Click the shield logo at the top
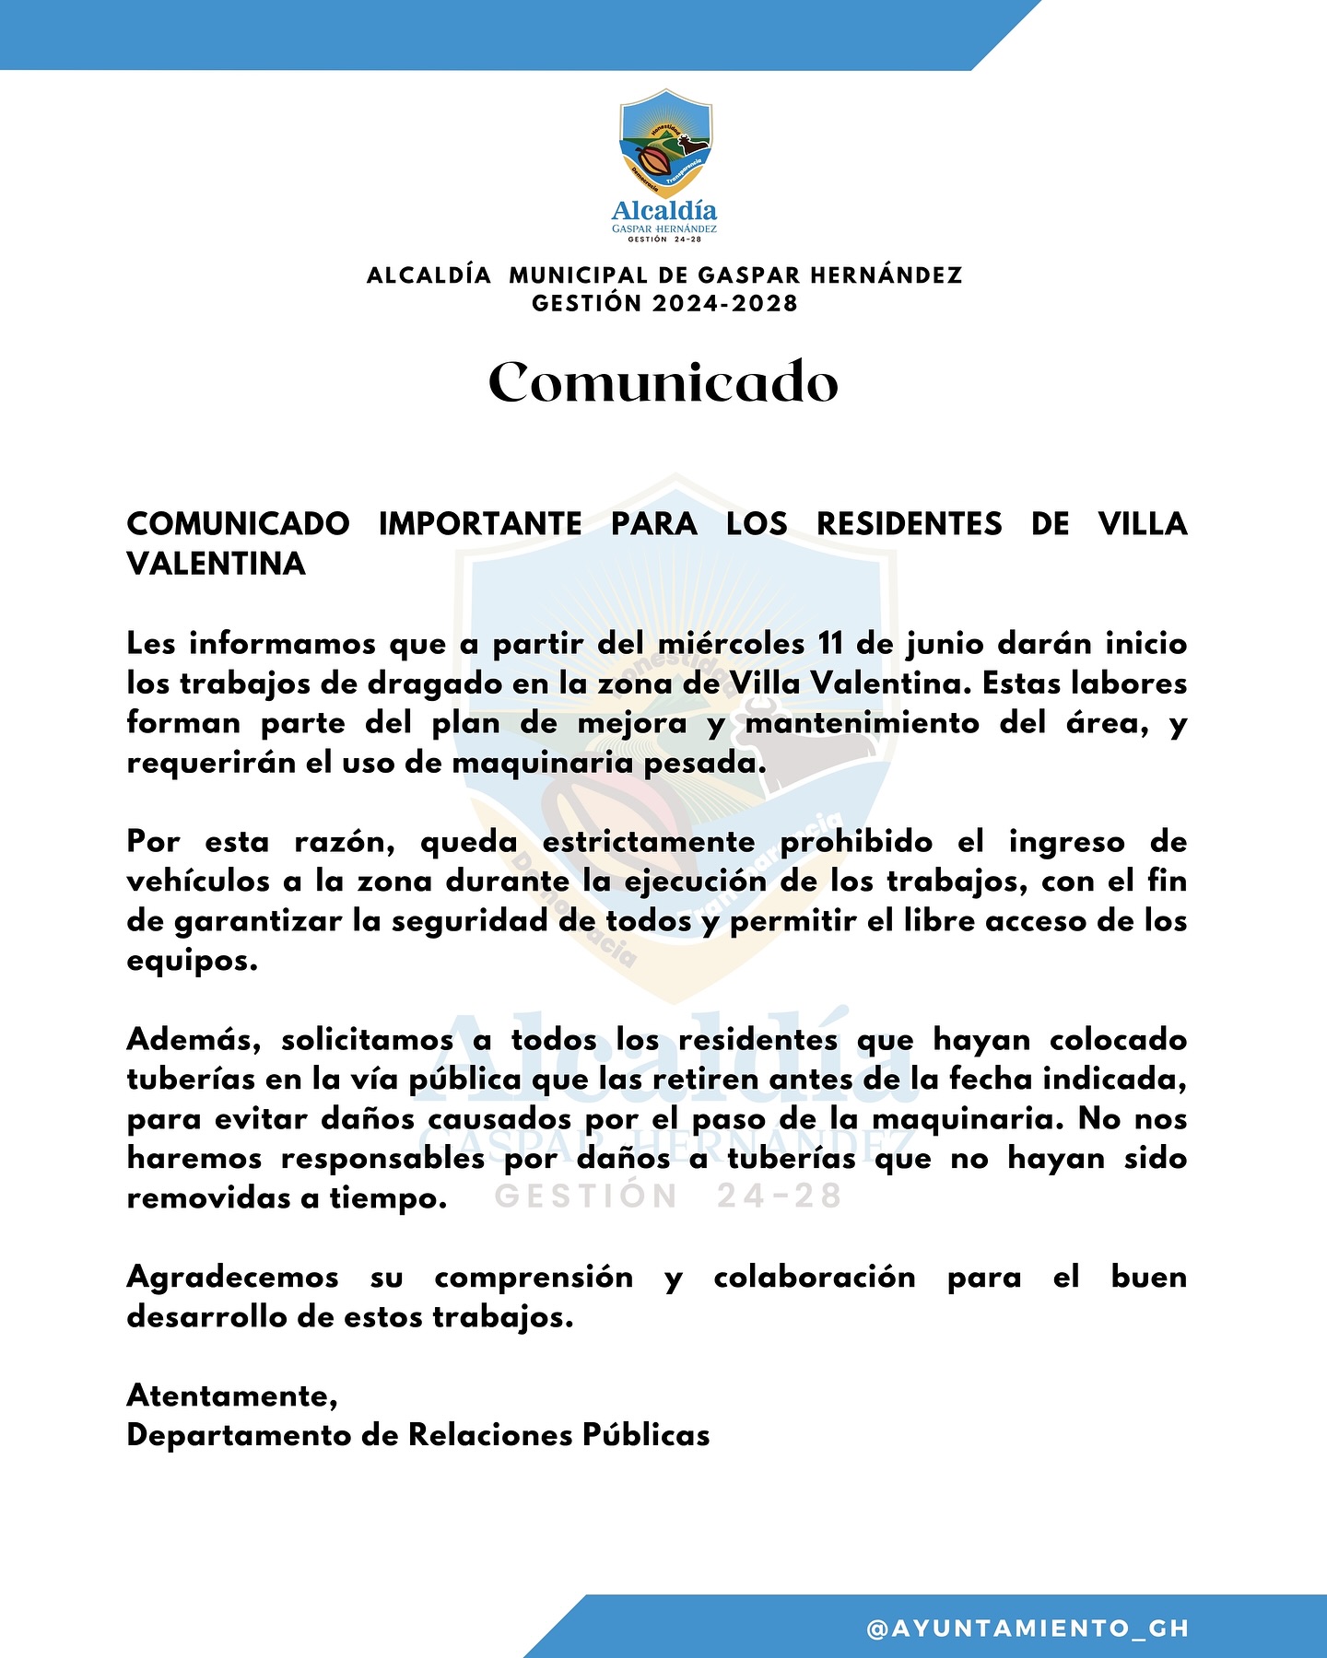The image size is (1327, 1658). [x=665, y=141]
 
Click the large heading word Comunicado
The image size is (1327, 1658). [x=663, y=382]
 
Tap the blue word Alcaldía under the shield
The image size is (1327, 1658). [x=664, y=211]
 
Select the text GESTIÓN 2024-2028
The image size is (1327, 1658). [x=664, y=304]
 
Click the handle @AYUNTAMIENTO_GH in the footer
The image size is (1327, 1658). [x=1028, y=1629]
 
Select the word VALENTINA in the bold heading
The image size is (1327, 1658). [x=216, y=564]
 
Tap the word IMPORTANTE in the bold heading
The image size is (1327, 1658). [x=480, y=523]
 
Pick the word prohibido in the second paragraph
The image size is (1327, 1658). [x=857, y=842]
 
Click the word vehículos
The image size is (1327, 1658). [x=199, y=882]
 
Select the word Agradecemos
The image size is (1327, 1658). [x=232, y=1277]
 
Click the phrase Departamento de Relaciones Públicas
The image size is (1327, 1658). [x=418, y=1435]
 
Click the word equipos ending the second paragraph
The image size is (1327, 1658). [x=191, y=962]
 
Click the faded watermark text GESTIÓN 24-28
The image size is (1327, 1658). [x=669, y=1196]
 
